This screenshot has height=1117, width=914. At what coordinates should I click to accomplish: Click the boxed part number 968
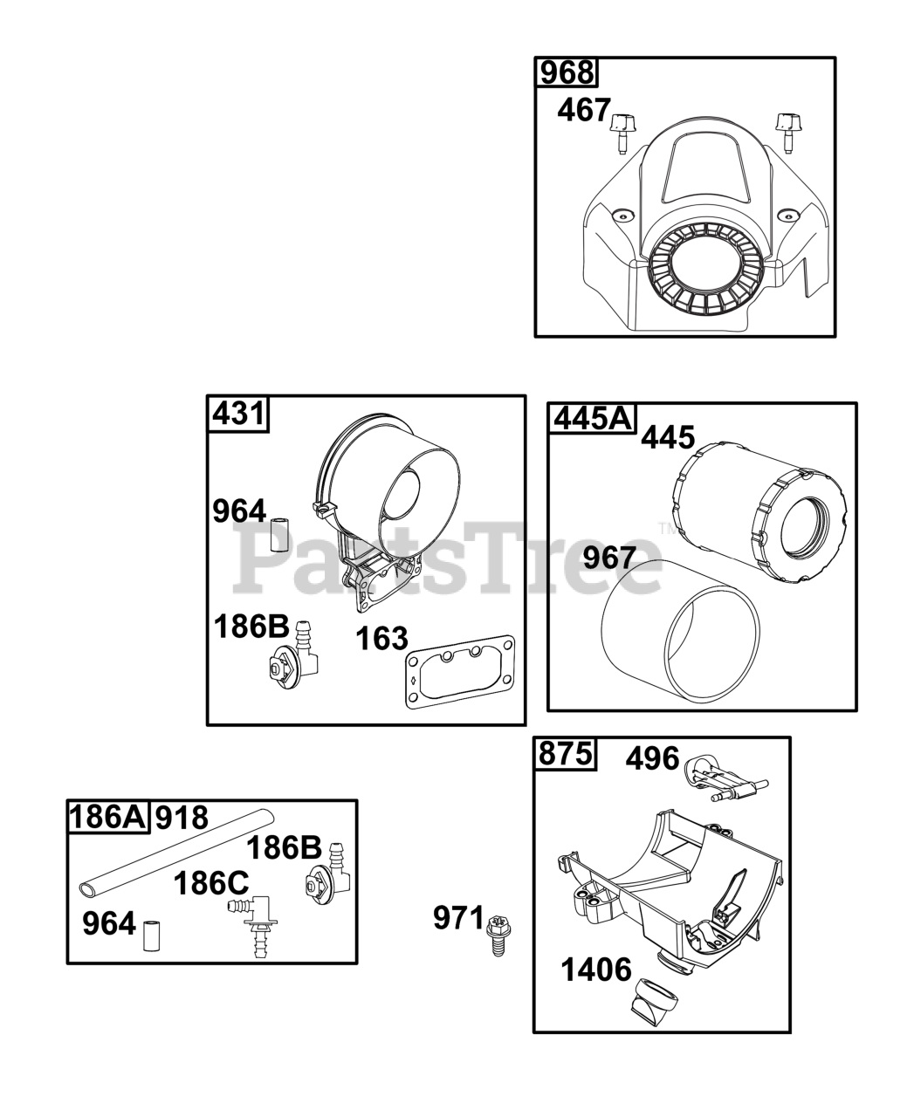click(x=566, y=72)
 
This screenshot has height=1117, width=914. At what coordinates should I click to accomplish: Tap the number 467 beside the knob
click(x=584, y=111)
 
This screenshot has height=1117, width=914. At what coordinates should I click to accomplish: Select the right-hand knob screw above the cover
click(x=786, y=132)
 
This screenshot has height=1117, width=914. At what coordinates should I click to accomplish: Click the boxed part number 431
click(x=237, y=414)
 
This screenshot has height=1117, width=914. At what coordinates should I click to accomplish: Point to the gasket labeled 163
click(x=460, y=672)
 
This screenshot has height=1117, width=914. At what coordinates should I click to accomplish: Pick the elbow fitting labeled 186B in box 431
click(x=292, y=657)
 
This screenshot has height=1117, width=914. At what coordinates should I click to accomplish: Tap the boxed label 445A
click(x=593, y=419)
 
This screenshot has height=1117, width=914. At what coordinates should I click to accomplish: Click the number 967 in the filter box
click(x=609, y=558)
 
